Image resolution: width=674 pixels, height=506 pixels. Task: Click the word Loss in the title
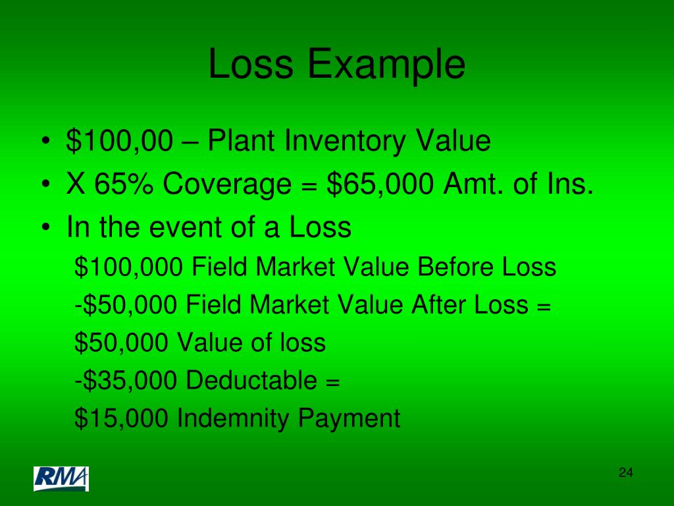pyautogui.click(x=250, y=65)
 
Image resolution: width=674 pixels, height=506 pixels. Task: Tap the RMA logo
pyautogui.click(x=61, y=479)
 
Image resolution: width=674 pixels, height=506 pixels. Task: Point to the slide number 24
pyautogui.click(x=625, y=472)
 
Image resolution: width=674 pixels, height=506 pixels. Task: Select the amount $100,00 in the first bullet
pyautogui.click(x=119, y=142)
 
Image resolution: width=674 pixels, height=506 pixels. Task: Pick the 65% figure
pyautogui.click(x=125, y=185)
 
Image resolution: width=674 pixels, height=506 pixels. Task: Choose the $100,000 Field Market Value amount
pyautogui.click(x=129, y=267)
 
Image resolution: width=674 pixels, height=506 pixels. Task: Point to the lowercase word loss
pyautogui.click(x=303, y=343)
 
